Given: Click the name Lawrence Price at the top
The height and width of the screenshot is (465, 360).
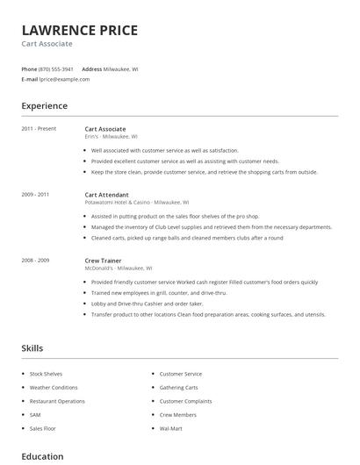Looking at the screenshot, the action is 80,31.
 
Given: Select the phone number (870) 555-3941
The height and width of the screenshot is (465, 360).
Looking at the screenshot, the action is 57,68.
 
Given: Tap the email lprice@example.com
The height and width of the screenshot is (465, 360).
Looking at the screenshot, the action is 64,79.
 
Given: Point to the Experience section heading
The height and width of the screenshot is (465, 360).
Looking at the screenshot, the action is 45,106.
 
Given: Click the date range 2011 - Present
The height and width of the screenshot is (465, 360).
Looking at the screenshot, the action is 39,129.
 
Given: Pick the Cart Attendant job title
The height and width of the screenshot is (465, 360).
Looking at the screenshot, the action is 106,195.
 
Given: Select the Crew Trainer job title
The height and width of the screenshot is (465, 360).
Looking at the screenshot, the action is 104,261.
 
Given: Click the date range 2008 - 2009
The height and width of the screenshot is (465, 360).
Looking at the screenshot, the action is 36,261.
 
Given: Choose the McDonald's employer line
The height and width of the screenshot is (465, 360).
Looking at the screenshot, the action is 118,268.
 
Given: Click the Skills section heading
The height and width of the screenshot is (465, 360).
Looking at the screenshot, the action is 32,348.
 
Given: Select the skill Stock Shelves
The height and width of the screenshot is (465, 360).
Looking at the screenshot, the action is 46,374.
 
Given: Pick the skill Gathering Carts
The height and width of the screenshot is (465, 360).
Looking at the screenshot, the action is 178,387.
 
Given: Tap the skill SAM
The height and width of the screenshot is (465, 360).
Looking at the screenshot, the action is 35,414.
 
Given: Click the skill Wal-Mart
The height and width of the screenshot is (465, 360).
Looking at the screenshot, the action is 171,428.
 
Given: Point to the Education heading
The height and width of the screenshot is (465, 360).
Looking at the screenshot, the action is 42,456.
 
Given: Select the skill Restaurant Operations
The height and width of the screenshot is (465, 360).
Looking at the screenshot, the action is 57,401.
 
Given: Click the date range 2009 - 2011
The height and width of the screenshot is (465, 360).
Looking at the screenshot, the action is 36,195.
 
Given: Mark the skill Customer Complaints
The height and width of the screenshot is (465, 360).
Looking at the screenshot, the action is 185,401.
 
